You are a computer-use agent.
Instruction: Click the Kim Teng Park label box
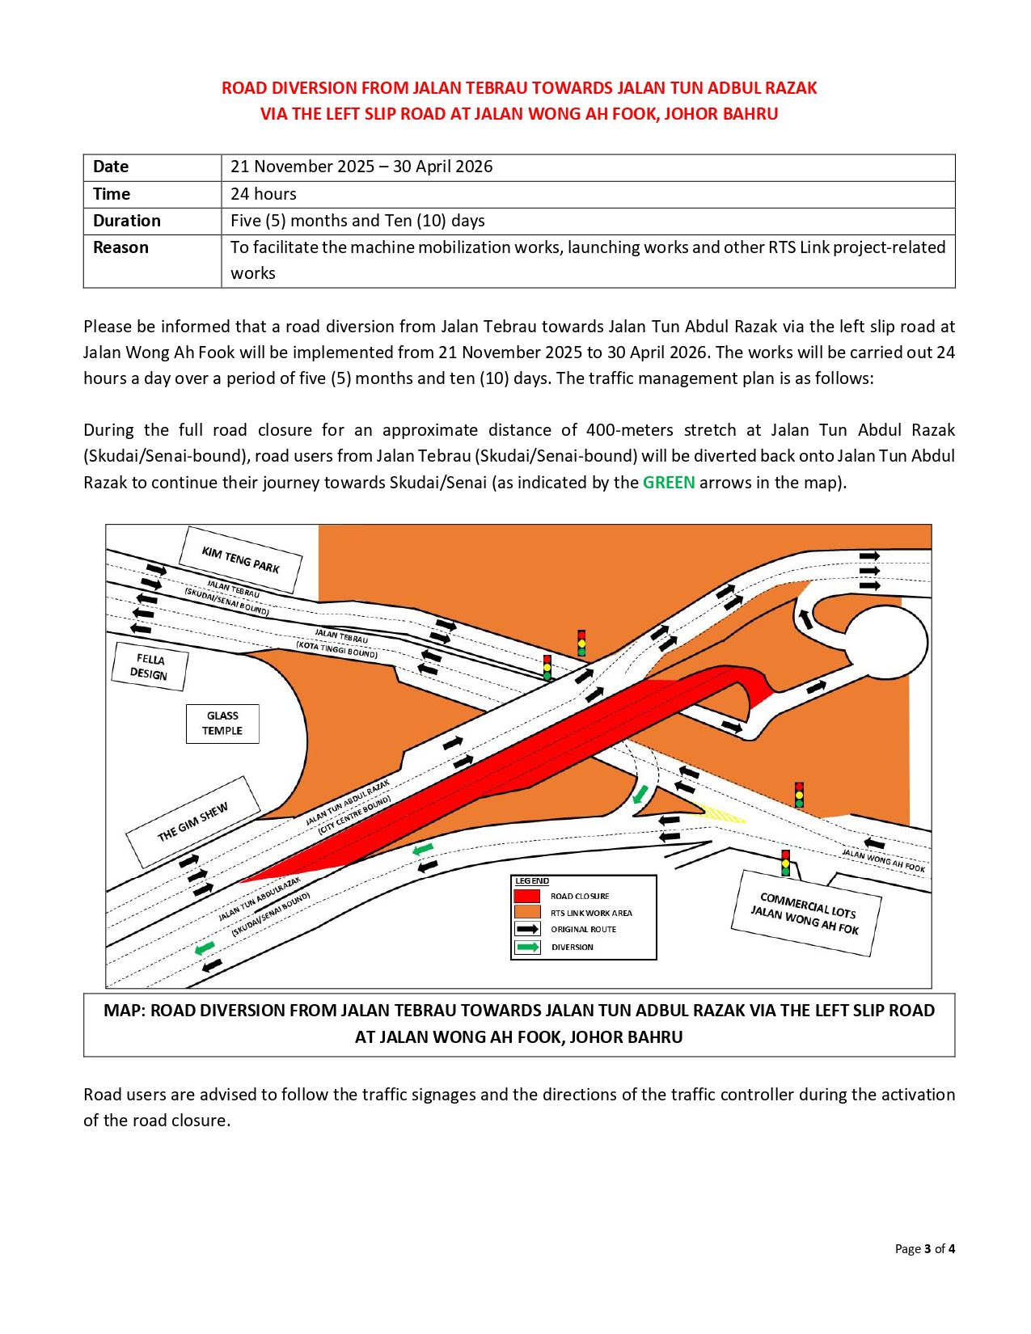(240, 559)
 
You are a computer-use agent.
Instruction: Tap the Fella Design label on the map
(150, 667)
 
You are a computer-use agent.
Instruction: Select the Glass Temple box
(222, 724)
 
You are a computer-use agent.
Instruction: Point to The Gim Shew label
(192, 821)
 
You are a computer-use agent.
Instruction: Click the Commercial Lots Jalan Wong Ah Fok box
(806, 914)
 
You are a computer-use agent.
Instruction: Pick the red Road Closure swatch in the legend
(527, 896)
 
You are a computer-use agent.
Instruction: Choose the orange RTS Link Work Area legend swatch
(527, 913)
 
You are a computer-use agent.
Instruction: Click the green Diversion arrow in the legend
(528, 947)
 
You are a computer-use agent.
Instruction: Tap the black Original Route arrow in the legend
(528, 930)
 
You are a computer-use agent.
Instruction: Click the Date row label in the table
(111, 167)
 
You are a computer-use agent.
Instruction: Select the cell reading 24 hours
(264, 194)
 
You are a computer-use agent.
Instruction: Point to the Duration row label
(127, 221)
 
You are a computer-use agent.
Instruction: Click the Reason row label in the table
(120, 248)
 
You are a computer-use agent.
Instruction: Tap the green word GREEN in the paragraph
(669, 483)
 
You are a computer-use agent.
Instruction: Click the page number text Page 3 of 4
(924, 1249)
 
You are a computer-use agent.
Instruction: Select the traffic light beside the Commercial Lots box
(785, 863)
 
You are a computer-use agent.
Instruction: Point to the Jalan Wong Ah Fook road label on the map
(883, 860)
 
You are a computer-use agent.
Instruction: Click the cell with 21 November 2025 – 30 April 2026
(361, 167)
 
